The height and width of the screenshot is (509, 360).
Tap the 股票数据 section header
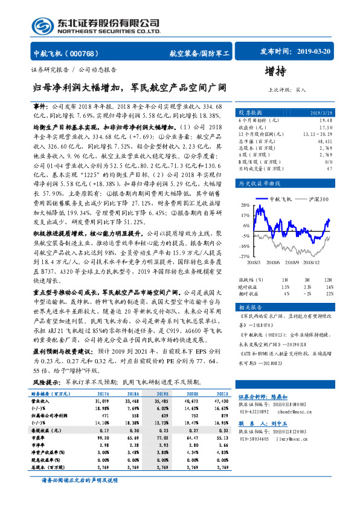(x=249, y=112)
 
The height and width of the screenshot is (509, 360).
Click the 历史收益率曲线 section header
(x=259, y=183)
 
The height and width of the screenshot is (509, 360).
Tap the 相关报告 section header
(x=249, y=308)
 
